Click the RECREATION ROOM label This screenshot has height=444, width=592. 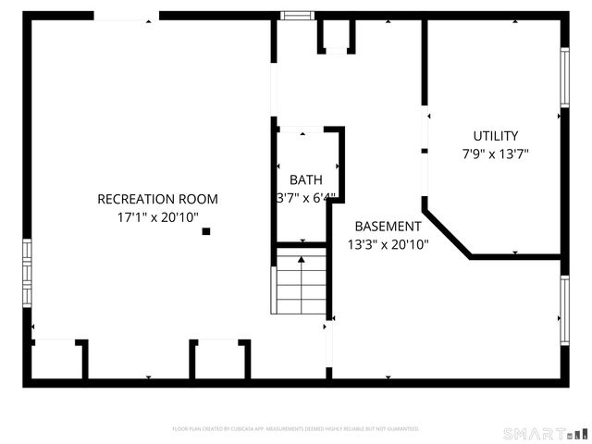click(158, 199)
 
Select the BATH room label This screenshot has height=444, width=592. click(306, 179)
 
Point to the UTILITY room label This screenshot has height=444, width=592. click(496, 136)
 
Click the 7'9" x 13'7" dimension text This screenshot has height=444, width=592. click(496, 154)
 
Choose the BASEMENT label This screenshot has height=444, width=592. click(388, 226)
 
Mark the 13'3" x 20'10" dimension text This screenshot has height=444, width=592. click(388, 244)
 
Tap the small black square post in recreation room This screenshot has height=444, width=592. click(206, 231)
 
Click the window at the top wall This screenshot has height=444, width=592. click(298, 15)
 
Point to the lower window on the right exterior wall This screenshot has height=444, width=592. click(563, 309)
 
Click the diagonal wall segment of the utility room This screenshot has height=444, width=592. click(446, 232)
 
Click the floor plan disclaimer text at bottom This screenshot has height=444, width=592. click(296, 428)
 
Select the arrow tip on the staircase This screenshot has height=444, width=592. click(301, 260)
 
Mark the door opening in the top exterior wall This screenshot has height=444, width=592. click(127, 16)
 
